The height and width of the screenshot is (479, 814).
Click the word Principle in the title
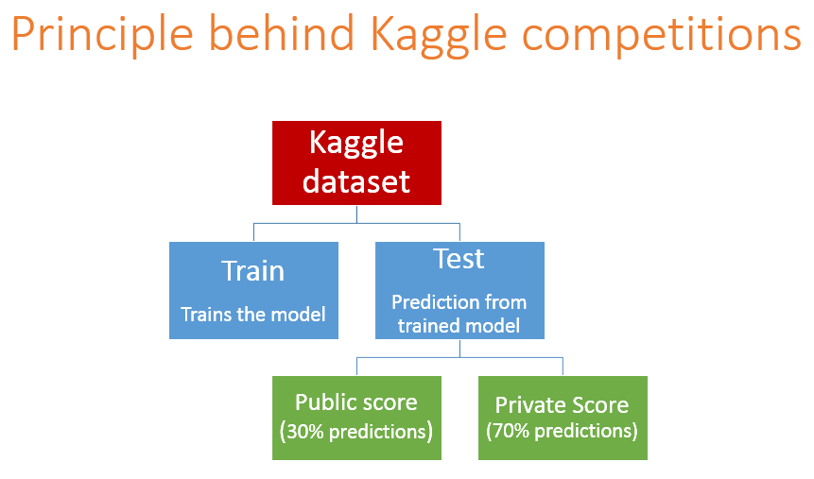point(102,34)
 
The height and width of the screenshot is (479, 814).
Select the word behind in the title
point(282,33)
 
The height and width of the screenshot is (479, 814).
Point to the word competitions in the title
point(662,34)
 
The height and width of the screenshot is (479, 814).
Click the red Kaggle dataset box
point(356,163)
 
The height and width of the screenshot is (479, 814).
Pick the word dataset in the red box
point(356,181)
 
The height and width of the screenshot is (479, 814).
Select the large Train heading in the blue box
point(253,270)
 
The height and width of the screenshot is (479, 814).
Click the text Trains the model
point(253,314)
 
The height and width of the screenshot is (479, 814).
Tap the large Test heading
point(459,259)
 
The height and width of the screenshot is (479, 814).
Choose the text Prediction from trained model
point(459,314)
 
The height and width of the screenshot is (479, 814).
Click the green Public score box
point(356,418)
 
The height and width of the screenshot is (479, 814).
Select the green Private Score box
point(563,418)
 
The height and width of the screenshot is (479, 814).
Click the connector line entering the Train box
point(254,232)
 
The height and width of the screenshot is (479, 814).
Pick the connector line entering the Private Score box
point(563,367)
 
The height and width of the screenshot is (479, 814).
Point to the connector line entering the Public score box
point(356,367)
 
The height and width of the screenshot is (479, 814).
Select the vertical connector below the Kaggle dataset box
point(356,214)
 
